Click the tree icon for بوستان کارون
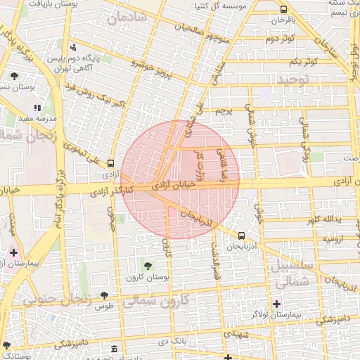point(148,264)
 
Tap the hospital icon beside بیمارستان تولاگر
point(276,304)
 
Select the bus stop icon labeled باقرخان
point(283,10)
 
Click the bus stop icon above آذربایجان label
point(242,236)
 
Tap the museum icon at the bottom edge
point(114,349)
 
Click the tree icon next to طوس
point(104,296)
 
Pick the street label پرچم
point(224,110)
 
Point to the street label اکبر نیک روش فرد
point(94,96)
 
